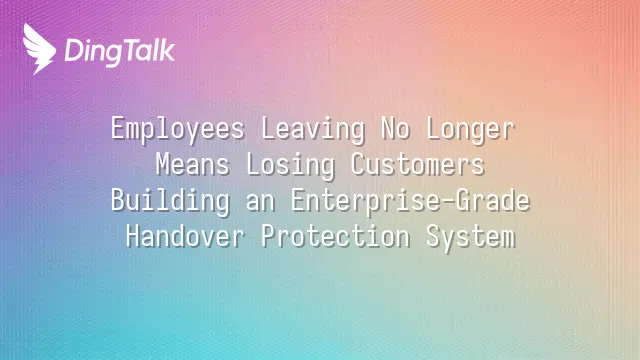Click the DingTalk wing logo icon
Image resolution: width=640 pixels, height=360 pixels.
(39, 49)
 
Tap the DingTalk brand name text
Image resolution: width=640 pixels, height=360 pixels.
(120, 52)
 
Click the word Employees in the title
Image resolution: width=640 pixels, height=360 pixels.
(178, 130)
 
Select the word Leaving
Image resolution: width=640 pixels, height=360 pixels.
(313, 130)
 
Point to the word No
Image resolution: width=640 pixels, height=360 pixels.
(396, 129)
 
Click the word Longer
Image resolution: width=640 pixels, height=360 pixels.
(471, 130)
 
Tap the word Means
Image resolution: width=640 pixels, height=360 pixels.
(193, 164)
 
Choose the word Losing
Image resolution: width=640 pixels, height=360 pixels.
(291, 166)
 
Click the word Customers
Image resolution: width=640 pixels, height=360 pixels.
(418, 164)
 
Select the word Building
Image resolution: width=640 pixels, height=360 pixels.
(170, 201)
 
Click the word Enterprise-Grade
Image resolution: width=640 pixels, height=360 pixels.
(411, 201)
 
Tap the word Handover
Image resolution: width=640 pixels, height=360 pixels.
(185, 236)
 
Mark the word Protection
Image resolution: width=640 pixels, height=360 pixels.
(336, 236)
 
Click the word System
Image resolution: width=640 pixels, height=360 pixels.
(471, 238)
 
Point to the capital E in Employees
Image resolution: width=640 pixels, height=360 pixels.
(118, 129)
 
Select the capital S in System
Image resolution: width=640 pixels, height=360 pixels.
(433, 236)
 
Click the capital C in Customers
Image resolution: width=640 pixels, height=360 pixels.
(358, 164)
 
